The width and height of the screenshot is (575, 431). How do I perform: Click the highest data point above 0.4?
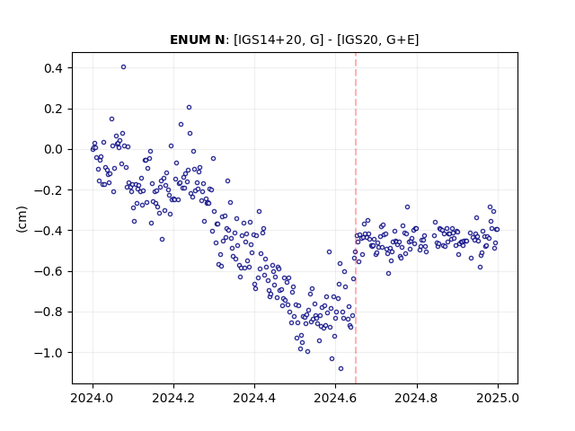point(124,67)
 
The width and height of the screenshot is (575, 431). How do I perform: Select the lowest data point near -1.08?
point(341,369)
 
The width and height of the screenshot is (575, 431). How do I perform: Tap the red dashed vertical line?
point(356,218)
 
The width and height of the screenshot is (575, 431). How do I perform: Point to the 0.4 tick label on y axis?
point(53,68)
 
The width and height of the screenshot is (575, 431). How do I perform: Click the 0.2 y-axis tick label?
point(53,109)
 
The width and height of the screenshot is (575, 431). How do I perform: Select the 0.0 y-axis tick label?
point(53,150)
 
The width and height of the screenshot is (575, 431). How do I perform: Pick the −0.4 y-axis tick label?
point(49,231)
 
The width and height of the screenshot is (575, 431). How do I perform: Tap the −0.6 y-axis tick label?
point(49,271)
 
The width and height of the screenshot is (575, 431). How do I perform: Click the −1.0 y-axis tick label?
point(49,353)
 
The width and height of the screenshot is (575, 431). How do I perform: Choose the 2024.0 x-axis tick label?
point(93,398)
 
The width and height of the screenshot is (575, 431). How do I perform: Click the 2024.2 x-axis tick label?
point(173,398)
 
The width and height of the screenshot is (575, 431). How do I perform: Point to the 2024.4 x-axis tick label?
point(254,398)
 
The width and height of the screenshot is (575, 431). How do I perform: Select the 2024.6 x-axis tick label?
point(335,398)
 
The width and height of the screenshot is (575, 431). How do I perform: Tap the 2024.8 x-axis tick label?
point(417,398)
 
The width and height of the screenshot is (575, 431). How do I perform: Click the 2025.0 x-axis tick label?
point(498,398)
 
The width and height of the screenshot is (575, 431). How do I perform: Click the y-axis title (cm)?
point(22,219)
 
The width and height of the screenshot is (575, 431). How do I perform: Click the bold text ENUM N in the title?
point(198,40)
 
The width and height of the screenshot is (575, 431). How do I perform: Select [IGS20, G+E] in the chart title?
point(377,40)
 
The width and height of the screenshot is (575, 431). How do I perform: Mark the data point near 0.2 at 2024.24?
point(190,108)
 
